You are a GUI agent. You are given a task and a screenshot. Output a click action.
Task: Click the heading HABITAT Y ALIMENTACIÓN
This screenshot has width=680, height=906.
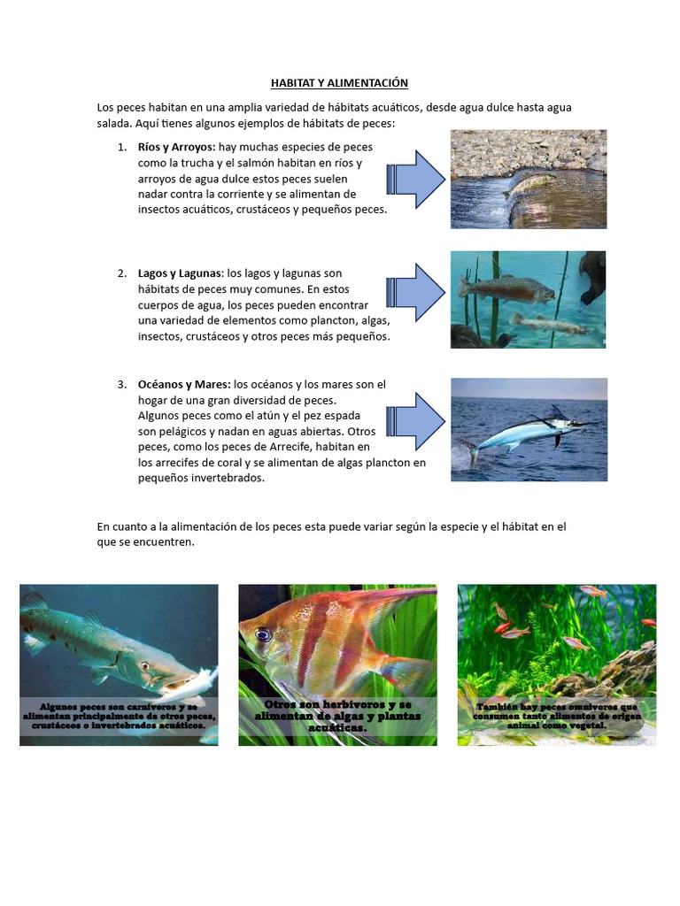click(x=339, y=83)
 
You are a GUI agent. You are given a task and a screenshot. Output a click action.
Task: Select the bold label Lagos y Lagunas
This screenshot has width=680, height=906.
click(x=177, y=273)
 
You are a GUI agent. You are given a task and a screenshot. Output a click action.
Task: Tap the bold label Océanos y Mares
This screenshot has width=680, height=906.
click(x=183, y=385)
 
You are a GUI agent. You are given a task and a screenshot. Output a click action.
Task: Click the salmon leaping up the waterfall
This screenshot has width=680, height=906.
click(x=529, y=182)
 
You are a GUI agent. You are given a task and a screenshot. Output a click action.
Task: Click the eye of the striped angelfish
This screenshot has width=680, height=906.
click(x=263, y=634)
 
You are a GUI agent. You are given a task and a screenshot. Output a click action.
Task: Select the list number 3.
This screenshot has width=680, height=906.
click(x=121, y=385)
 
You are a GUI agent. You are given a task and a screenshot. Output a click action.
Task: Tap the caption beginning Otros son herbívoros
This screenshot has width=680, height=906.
click(x=337, y=716)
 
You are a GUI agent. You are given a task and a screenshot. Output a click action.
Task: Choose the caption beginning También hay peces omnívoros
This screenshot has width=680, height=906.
click(x=556, y=716)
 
